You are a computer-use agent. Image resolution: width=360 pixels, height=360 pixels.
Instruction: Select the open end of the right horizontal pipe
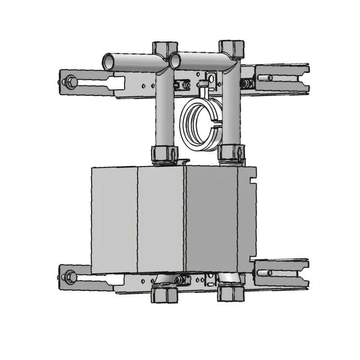click(x=175, y=60)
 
